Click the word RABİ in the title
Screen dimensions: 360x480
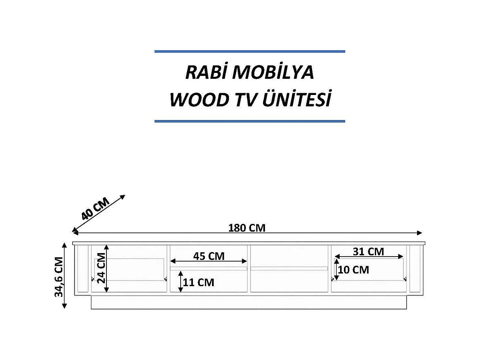pos(206,73)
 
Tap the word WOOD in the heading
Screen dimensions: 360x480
pos(198,100)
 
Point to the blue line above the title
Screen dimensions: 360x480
pos(250,51)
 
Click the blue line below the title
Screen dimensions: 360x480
pos(250,121)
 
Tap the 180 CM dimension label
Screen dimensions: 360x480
pos(247,228)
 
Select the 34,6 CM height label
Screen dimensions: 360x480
pos(59,276)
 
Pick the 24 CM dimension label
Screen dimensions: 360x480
pos(100,268)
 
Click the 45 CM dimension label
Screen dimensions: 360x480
pos(209,256)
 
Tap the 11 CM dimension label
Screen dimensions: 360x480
pos(198,282)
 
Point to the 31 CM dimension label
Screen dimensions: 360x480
pos(368,251)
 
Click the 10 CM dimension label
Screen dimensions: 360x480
pos(354,270)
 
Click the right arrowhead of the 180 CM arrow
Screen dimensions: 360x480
pos(420,232)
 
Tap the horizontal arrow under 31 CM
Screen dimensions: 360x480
pos(369,257)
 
